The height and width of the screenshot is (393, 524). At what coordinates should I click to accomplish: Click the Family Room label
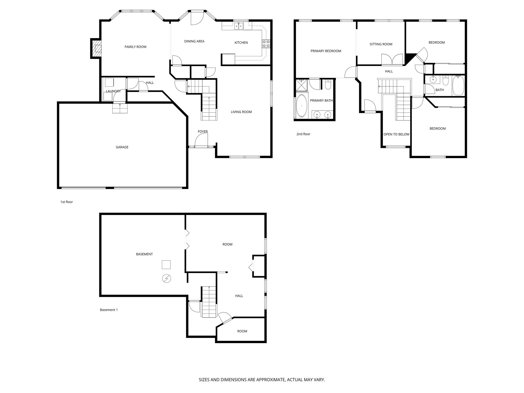[135, 47]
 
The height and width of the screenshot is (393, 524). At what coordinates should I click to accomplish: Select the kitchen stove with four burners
[266, 44]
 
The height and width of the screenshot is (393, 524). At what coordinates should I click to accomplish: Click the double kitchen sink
[239, 26]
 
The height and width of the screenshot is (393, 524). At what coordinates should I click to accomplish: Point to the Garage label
[122, 147]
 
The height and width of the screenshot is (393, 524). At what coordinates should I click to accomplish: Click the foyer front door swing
[201, 141]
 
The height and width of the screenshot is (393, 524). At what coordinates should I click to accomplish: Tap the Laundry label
[113, 91]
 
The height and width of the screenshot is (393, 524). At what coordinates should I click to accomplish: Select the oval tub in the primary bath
[302, 106]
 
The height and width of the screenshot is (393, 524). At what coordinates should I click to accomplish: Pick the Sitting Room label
[381, 44]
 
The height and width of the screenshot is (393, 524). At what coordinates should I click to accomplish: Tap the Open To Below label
[396, 134]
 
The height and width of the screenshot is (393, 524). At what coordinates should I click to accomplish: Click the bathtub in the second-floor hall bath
[458, 85]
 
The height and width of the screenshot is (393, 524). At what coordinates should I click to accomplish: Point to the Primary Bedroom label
[326, 51]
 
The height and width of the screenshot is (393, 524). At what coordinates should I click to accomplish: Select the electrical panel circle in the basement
[167, 279]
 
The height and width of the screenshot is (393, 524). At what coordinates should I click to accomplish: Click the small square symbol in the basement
[166, 265]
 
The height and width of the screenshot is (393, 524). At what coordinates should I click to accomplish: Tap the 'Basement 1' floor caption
[109, 310]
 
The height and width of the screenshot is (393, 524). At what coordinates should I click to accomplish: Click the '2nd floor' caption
[303, 134]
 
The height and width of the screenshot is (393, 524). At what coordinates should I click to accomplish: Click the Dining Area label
[194, 41]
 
